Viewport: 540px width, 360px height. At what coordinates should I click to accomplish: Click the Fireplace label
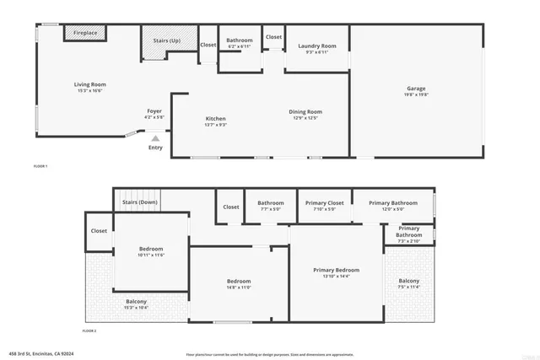(85, 33)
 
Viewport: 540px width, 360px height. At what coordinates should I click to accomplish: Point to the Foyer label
(154, 110)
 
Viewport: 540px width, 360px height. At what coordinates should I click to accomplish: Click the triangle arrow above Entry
(154, 137)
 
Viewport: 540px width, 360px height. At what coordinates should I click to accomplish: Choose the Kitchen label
(215, 119)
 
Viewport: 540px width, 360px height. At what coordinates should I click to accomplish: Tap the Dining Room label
(307, 111)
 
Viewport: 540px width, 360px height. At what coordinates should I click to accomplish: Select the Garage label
(416, 89)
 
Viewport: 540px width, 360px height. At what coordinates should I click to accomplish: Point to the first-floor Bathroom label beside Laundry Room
(240, 40)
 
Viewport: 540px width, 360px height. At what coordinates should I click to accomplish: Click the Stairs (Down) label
(140, 202)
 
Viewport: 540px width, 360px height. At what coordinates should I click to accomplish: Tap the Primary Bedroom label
(336, 270)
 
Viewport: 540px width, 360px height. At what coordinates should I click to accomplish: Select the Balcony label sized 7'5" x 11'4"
(408, 281)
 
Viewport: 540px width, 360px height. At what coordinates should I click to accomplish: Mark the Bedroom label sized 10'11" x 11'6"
(151, 249)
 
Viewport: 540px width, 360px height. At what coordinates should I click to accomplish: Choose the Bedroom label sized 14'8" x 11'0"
(239, 281)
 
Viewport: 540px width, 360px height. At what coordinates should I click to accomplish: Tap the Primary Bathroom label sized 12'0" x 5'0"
(392, 202)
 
